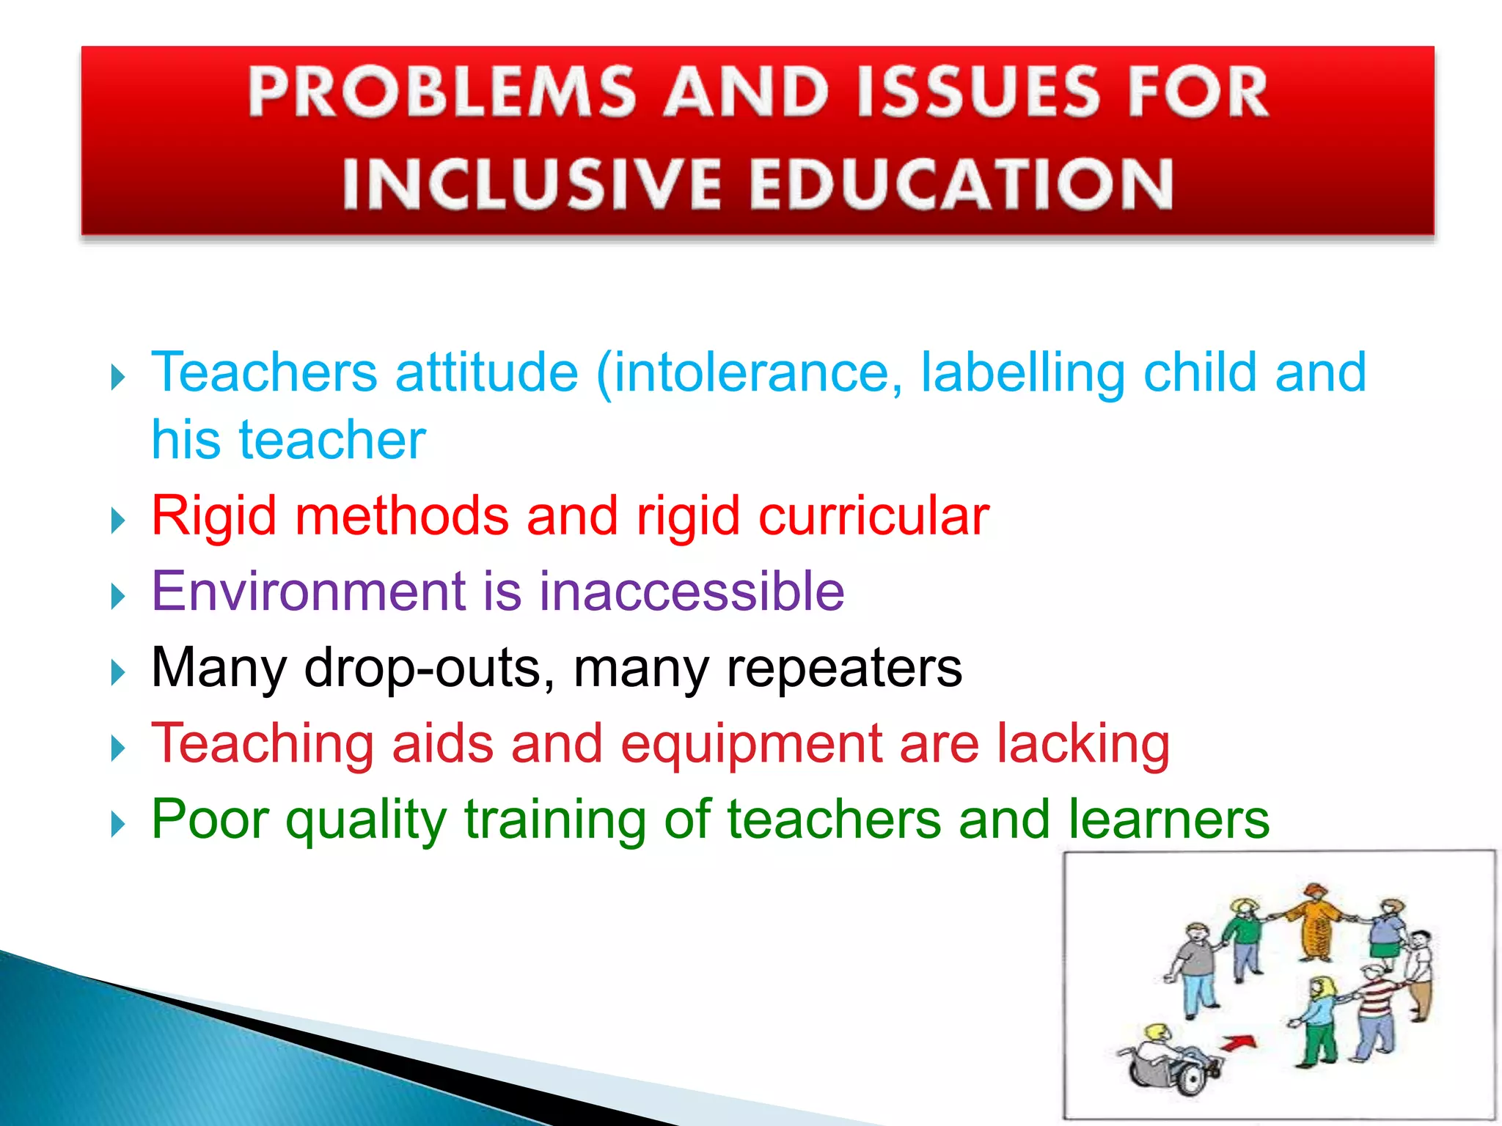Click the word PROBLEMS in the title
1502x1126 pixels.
[x=441, y=92]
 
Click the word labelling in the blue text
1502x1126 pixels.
[x=1022, y=372]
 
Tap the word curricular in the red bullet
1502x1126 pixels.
[x=873, y=515]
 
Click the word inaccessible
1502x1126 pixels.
[x=692, y=591]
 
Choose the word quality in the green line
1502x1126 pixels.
[x=365, y=820]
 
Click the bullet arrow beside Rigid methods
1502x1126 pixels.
[x=118, y=521]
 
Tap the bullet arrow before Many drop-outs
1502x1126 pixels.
[x=118, y=672]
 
